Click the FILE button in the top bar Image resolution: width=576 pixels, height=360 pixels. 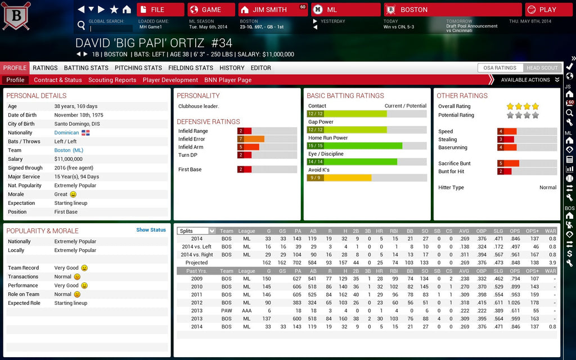(160, 10)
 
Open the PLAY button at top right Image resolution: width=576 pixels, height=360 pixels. (548, 10)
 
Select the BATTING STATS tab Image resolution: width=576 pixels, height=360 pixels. (86, 68)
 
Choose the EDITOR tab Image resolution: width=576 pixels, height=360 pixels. (261, 68)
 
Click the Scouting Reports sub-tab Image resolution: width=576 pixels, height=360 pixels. (112, 80)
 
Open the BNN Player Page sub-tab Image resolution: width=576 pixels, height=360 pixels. (228, 80)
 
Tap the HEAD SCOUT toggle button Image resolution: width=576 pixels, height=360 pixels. (542, 68)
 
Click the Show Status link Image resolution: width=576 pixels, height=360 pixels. (151, 230)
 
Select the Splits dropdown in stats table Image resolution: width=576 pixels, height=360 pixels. (196, 231)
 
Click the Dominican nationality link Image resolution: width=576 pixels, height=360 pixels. (66, 133)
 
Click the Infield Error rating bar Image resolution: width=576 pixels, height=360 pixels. (267, 139)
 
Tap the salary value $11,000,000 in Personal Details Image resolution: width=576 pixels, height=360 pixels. (69, 159)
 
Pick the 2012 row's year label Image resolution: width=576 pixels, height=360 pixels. (196, 303)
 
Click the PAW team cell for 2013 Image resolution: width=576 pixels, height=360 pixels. (226, 310)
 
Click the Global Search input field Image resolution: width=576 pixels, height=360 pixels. (111, 28)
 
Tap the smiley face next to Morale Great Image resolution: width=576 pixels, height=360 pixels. (73, 195)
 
